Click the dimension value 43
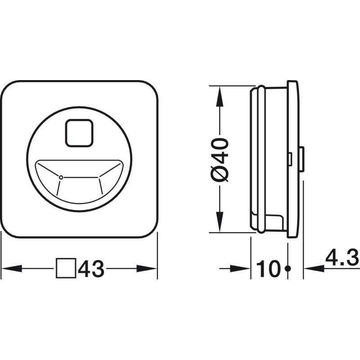pos(91,268)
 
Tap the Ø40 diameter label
pos(220,160)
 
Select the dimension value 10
pos(268,268)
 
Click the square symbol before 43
pos(66,268)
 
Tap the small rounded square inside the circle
pos(79,133)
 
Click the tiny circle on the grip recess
pos(61,177)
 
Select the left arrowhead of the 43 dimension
pos(12,268)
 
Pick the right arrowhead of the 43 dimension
pos(147,268)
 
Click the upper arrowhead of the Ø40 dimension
pos(220,96)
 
